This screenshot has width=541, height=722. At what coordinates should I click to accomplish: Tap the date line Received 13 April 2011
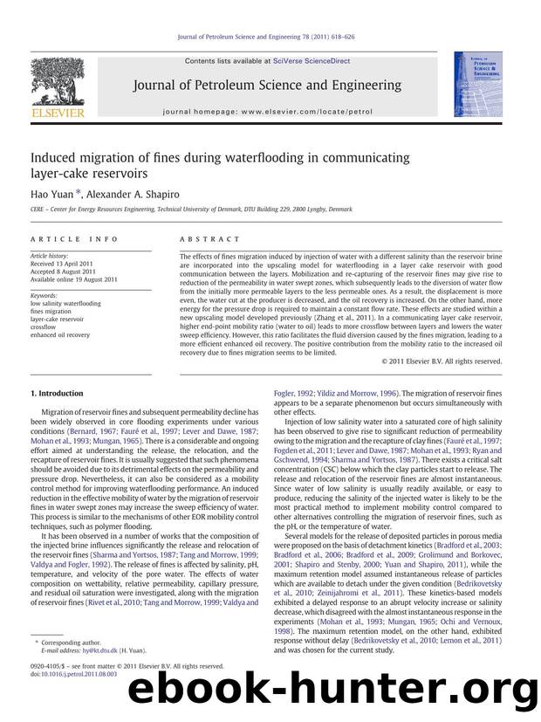[x=72, y=264]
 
